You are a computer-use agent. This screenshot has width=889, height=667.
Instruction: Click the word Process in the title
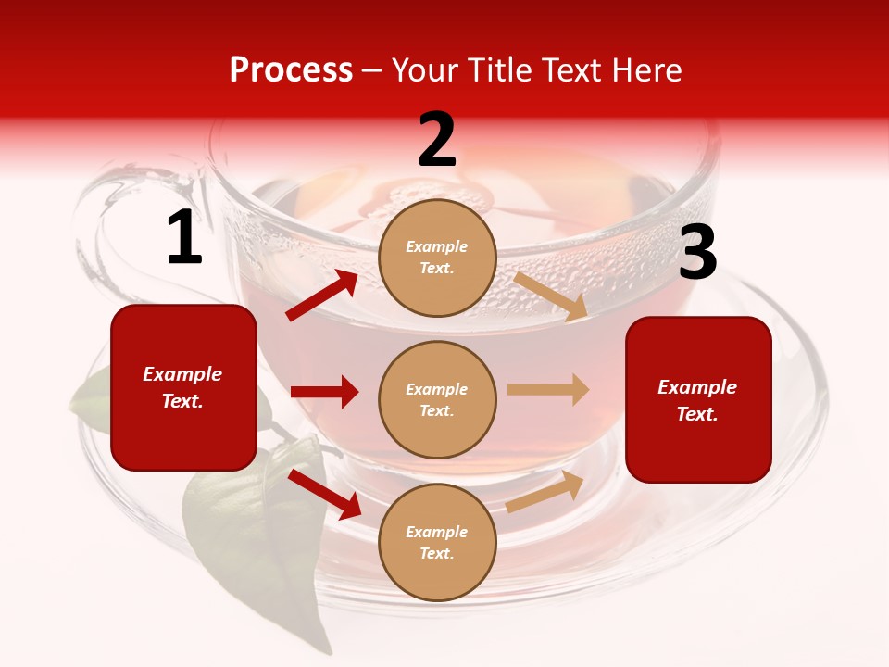[x=291, y=70]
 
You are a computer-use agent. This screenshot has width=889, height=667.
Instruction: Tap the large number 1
[x=184, y=238]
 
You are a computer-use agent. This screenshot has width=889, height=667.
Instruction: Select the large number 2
[x=437, y=140]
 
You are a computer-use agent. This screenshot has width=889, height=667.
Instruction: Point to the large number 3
[x=697, y=253]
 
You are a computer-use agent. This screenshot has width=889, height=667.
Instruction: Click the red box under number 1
[x=183, y=387]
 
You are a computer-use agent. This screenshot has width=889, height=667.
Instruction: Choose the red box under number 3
[x=698, y=399]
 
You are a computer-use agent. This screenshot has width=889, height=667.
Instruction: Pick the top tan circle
[x=437, y=258]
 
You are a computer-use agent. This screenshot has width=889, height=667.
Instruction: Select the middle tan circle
[x=437, y=399]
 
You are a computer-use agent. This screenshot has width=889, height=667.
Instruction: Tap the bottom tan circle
[x=437, y=542]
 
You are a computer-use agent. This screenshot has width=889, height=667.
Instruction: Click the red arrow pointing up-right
[x=322, y=296]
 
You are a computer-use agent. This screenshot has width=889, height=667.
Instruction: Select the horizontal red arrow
[x=324, y=392]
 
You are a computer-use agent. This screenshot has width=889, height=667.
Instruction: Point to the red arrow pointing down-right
[x=324, y=494]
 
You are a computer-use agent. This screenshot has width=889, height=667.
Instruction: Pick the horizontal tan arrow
[x=548, y=389]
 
